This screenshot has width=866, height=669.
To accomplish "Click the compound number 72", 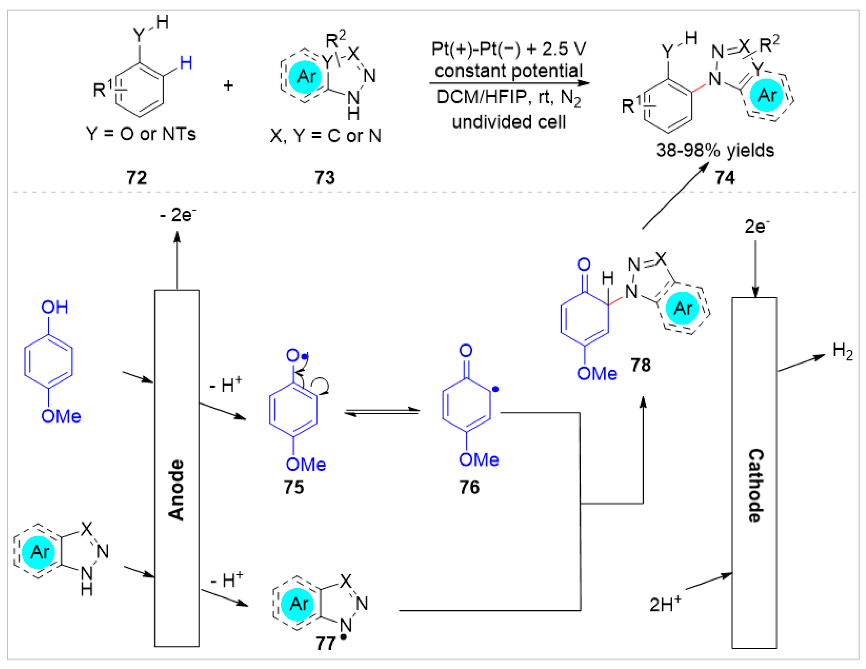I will coord(137,177).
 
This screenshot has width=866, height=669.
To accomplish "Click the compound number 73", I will coord(324,177).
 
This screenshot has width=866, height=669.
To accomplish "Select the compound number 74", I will coord(725,177).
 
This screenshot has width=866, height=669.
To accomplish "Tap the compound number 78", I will coord(641,365).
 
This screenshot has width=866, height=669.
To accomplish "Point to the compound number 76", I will coord(469,487).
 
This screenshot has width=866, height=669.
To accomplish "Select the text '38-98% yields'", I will coord(715,151).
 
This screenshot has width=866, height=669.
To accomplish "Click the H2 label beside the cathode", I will coord(842,351).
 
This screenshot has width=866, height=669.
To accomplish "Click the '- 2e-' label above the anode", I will coord(178,215).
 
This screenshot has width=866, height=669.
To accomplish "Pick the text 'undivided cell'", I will coord(509,122).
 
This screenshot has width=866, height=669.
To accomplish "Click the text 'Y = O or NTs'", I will coord(141,134).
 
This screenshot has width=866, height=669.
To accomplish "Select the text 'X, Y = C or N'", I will coord(325,136).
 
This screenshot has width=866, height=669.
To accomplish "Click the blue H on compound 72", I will coord(186,63).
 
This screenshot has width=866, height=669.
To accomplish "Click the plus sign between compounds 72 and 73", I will coord(228,86).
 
